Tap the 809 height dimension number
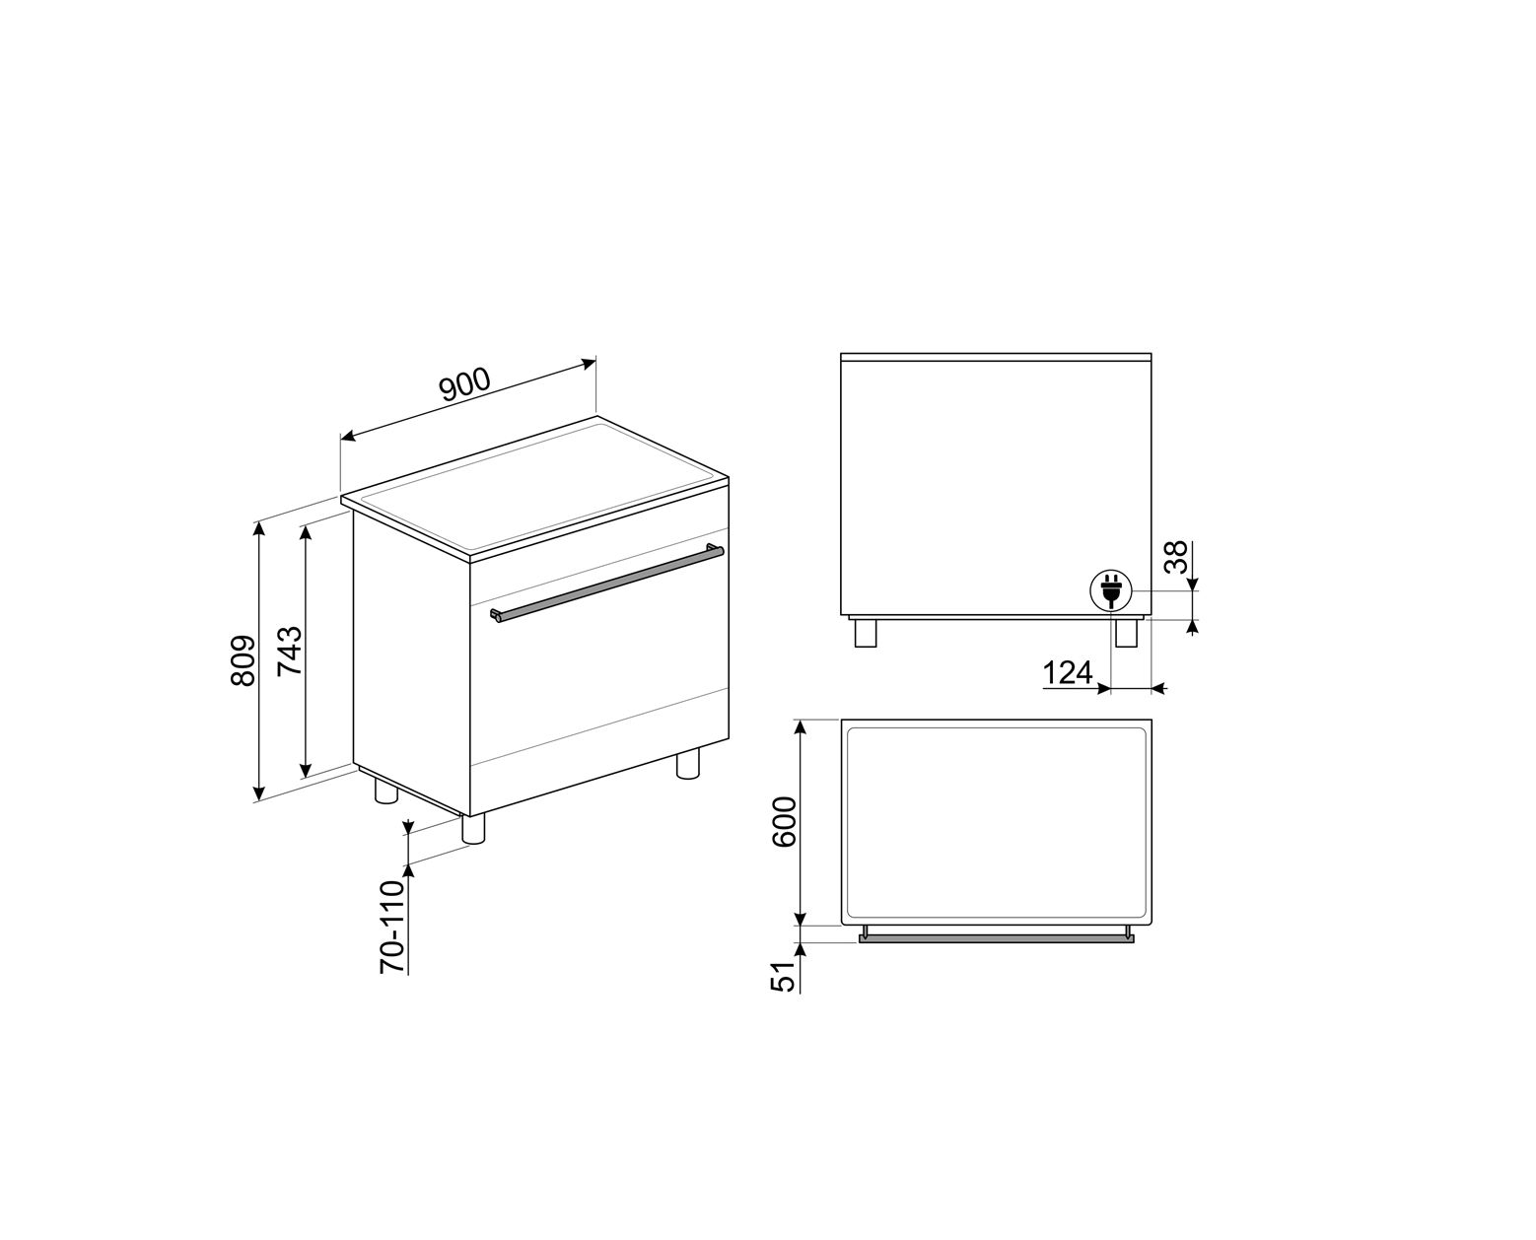point(244,660)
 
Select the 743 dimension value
point(290,651)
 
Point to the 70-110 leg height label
point(392,927)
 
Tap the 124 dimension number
point(1068,673)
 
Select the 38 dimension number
point(1176,557)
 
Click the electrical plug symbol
point(1110,590)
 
